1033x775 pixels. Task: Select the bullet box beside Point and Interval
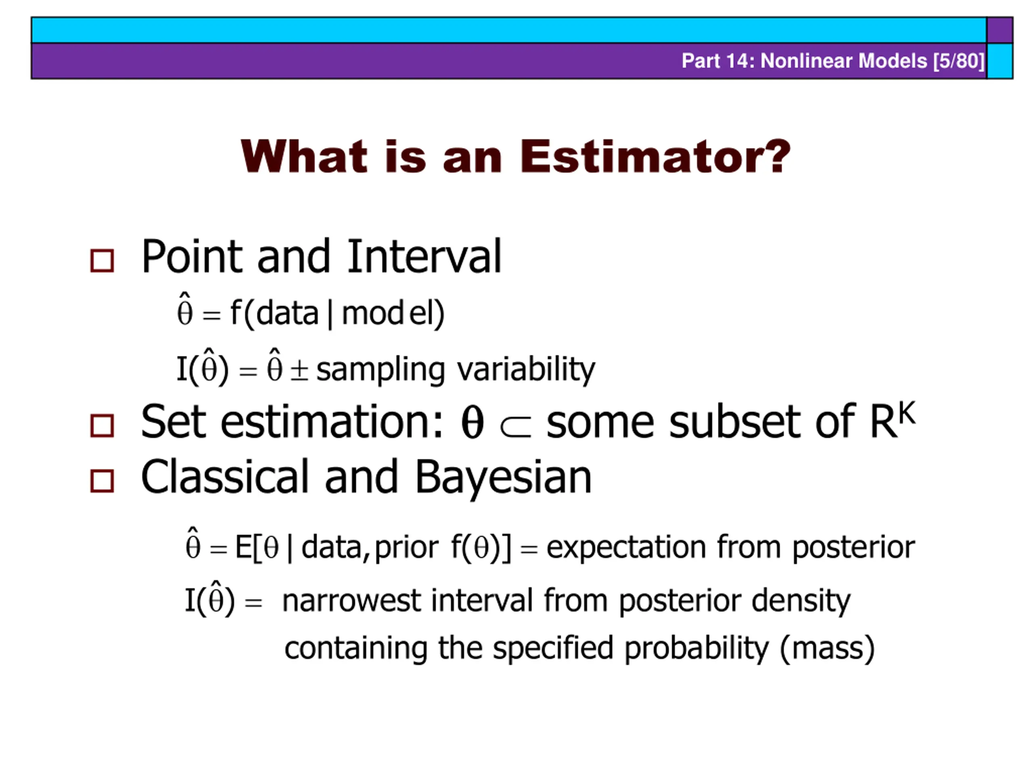(102, 261)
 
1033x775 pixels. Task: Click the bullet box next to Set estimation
(102, 425)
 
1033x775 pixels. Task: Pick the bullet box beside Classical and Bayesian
(102, 481)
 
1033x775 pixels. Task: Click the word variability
(526, 369)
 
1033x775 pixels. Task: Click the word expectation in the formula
(626, 547)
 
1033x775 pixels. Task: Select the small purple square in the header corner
(1000, 30)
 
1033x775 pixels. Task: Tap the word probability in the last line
(696, 649)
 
